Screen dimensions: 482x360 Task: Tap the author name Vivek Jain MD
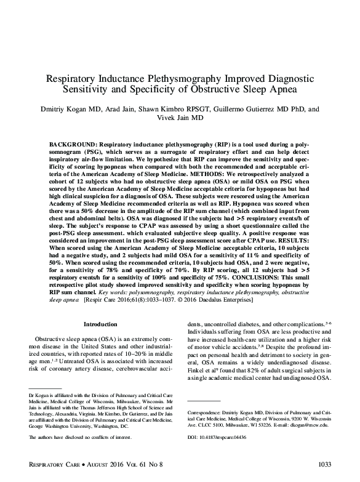point(180,118)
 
